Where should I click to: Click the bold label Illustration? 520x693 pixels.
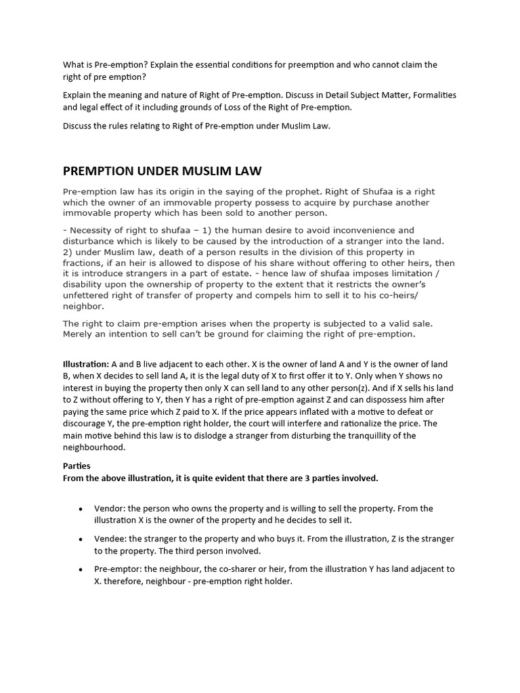pyautogui.click(x=86, y=364)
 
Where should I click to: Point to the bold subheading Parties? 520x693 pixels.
pyautogui.click(x=77, y=466)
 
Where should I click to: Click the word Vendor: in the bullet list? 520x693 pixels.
pyautogui.click(x=110, y=508)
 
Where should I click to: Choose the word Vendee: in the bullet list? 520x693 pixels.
pyautogui.click(x=111, y=539)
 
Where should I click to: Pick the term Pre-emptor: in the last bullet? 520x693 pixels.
pyautogui.click(x=118, y=569)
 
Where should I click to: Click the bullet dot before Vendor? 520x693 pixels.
pyautogui.click(x=81, y=509)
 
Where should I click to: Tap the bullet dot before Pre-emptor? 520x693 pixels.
pyautogui.click(x=81, y=570)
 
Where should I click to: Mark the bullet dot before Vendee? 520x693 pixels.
pyautogui.click(x=81, y=539)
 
